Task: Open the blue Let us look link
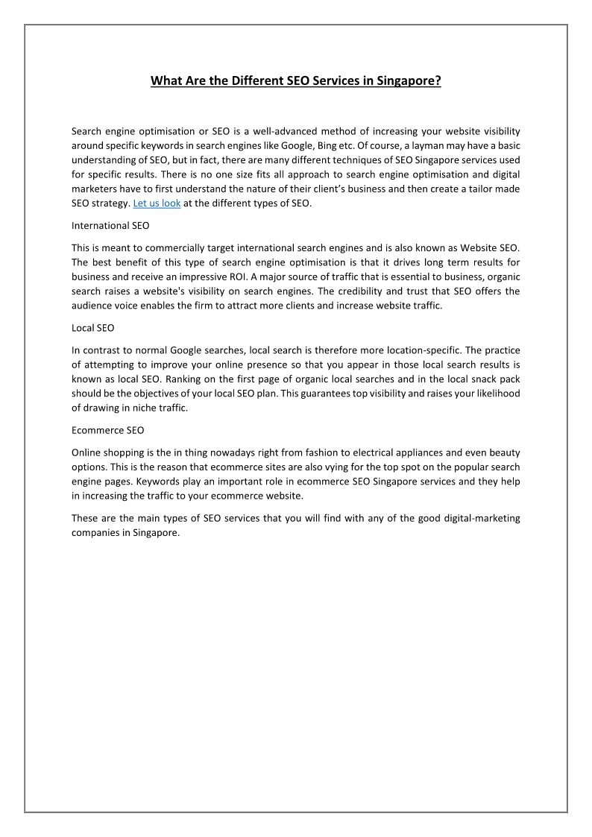157,203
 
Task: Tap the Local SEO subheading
92,328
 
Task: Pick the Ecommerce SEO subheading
107,431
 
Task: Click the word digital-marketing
467,519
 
